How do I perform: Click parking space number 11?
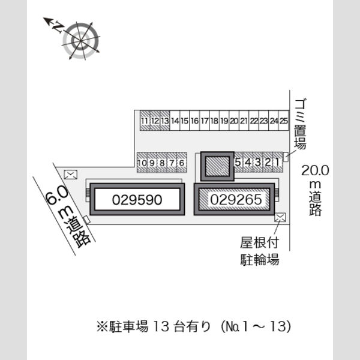click(145, 121)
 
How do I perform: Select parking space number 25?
click(284, 121)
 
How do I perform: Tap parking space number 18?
click(214, 121)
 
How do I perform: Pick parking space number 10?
click(142, 163)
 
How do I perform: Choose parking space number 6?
click(182, 163)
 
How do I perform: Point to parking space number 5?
click(238, 162)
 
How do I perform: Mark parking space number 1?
click(278, 162)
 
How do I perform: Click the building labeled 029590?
click(137, 199)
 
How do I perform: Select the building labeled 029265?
click(234, 199)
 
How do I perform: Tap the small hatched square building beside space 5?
click(217, 166)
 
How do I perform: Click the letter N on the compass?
click(58, 28)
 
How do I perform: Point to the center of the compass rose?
click(80, 41)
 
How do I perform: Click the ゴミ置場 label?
click(301, 124)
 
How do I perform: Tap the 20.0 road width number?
click(315, 170)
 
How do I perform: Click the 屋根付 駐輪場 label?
click(260, 251)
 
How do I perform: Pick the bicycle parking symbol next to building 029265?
click(280, 217)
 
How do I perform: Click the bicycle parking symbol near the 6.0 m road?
click(71, 175)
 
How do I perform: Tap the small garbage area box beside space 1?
click(286, 157)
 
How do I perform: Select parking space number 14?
click(175, 121)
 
